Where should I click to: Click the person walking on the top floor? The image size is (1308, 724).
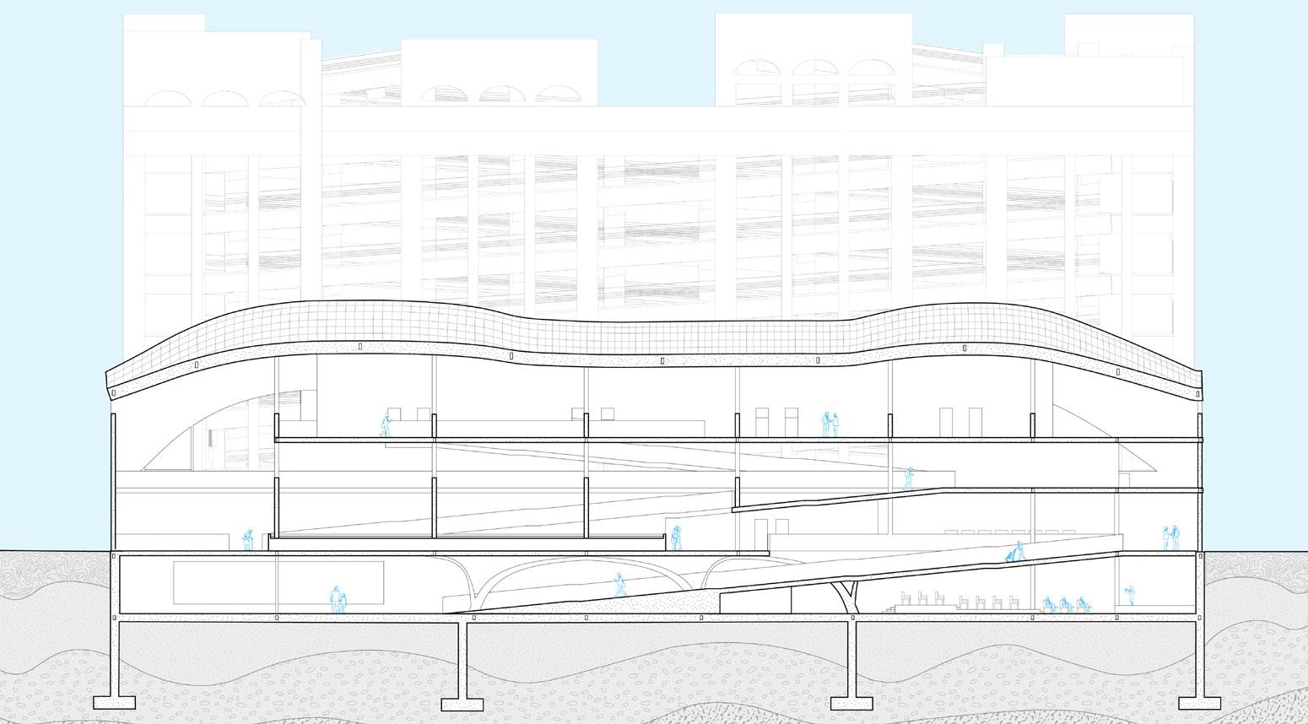point(386,424)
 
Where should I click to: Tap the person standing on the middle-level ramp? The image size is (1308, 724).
point(909,478)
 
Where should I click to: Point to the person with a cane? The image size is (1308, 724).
point(248,538)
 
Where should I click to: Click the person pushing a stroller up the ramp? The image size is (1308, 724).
point(1015,553)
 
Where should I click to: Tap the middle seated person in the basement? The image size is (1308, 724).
point(1066,603)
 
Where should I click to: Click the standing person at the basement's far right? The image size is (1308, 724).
point(1129,595)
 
